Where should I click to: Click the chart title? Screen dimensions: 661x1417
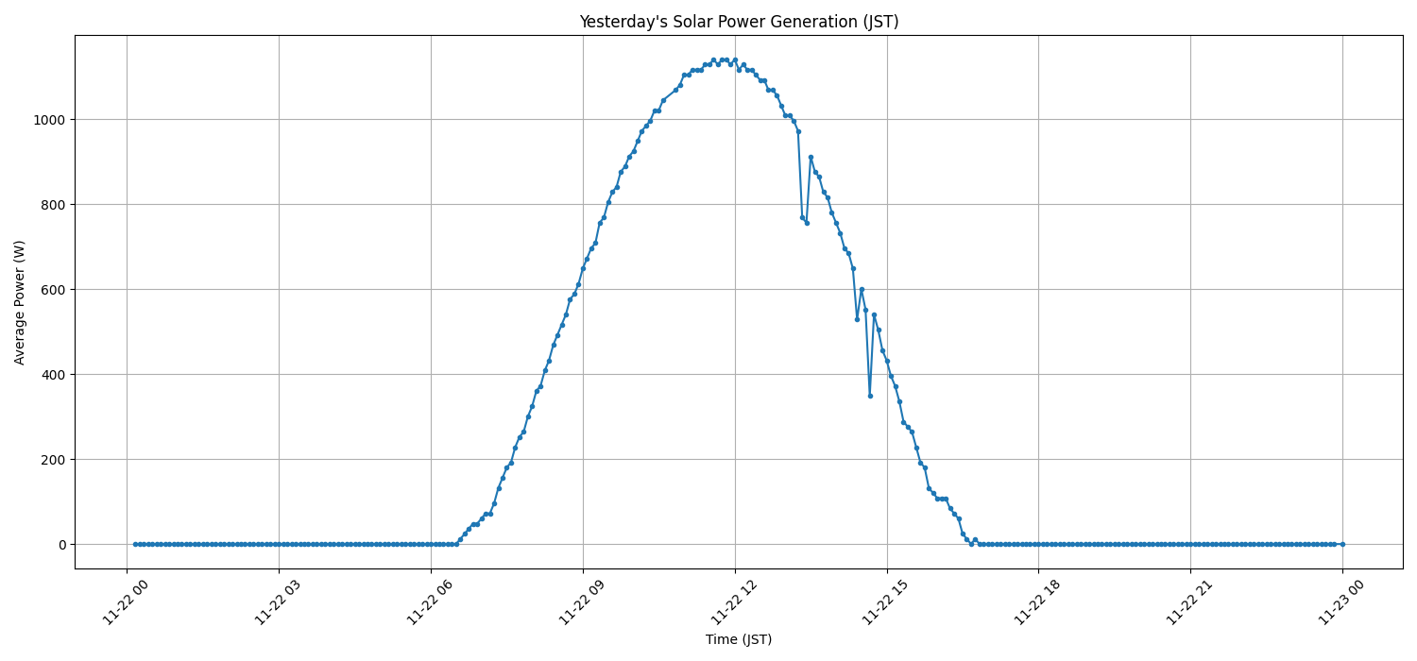739,22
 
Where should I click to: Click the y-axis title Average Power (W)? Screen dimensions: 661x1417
20,302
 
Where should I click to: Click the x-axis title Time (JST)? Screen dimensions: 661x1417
739,639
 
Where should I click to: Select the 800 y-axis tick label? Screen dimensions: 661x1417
52,205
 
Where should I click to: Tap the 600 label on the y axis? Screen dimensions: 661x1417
52,290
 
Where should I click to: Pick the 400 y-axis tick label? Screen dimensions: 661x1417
52,375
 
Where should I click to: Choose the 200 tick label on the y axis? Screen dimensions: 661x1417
52,460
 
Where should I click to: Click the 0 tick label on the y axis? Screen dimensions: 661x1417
60,545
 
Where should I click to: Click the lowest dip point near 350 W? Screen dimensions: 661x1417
870,396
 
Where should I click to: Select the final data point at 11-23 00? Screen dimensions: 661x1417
1342,544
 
